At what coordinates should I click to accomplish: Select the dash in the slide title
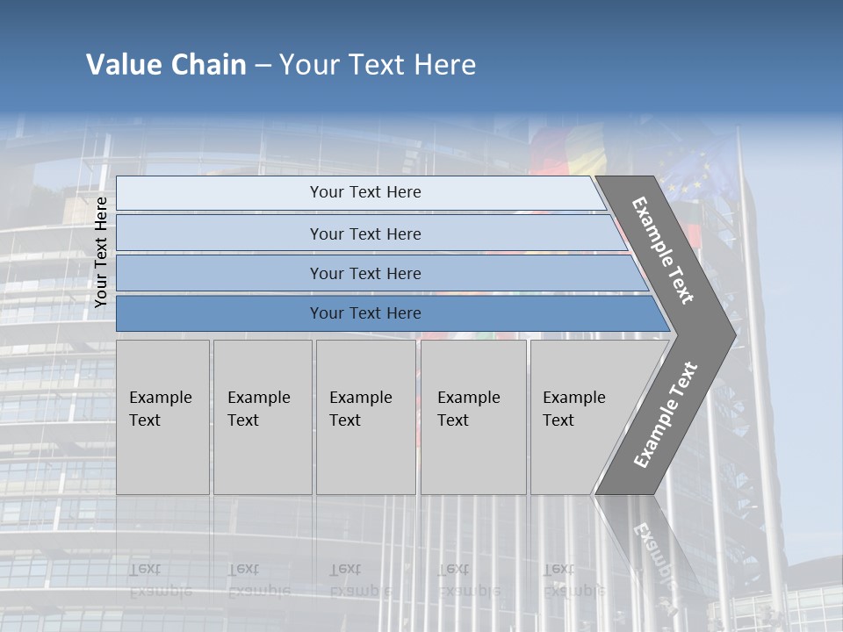pos(263,66)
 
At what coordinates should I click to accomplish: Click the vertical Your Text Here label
pos(101,252)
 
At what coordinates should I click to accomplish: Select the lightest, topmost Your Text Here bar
pos(364,192)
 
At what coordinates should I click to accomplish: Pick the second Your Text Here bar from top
pos(364,233)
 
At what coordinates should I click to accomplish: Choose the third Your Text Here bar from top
pos(364,273)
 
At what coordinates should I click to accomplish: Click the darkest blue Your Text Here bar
pos(364,313)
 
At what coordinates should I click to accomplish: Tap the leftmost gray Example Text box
pos(162,417)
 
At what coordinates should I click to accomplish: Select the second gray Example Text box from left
pos(262,417)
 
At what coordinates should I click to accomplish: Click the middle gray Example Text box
pos(365,417)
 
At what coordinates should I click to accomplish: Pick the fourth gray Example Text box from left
pos(472,417)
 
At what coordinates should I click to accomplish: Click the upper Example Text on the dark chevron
pos(663,250)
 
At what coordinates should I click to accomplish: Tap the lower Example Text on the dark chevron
pos(666,415)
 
